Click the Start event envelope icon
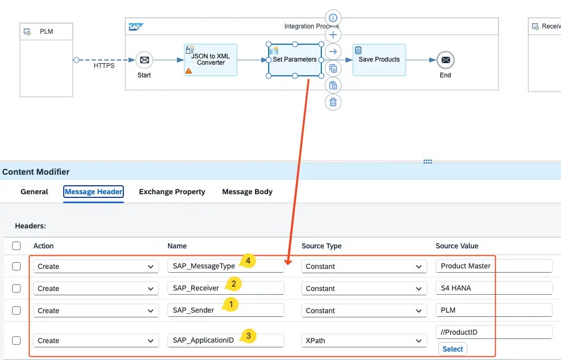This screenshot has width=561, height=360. (144, 60)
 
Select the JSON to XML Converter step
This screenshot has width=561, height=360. (211, 59)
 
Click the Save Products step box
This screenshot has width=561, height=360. (379, 59)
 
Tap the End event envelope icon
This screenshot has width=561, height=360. (446, 60)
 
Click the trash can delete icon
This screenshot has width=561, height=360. (333, 102)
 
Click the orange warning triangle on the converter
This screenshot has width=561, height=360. (189, 71)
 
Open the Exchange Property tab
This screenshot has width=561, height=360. (172, 192)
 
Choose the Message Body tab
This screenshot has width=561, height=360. (247, 192)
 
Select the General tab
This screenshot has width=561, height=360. (34, 192)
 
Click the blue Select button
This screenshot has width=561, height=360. (452, 349)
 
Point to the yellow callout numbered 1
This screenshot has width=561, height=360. (230, 304)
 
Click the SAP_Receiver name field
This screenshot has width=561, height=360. (226, 288)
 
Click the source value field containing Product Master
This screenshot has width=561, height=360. (494, 266)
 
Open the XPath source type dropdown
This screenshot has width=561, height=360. (364, 341)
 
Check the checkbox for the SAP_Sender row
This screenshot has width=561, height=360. (16, 311)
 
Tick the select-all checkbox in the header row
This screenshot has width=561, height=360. (16, 246)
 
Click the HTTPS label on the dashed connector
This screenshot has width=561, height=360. (104, 66)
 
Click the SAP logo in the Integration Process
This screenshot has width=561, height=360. (136, 27)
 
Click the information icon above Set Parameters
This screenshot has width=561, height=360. (333, 18)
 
